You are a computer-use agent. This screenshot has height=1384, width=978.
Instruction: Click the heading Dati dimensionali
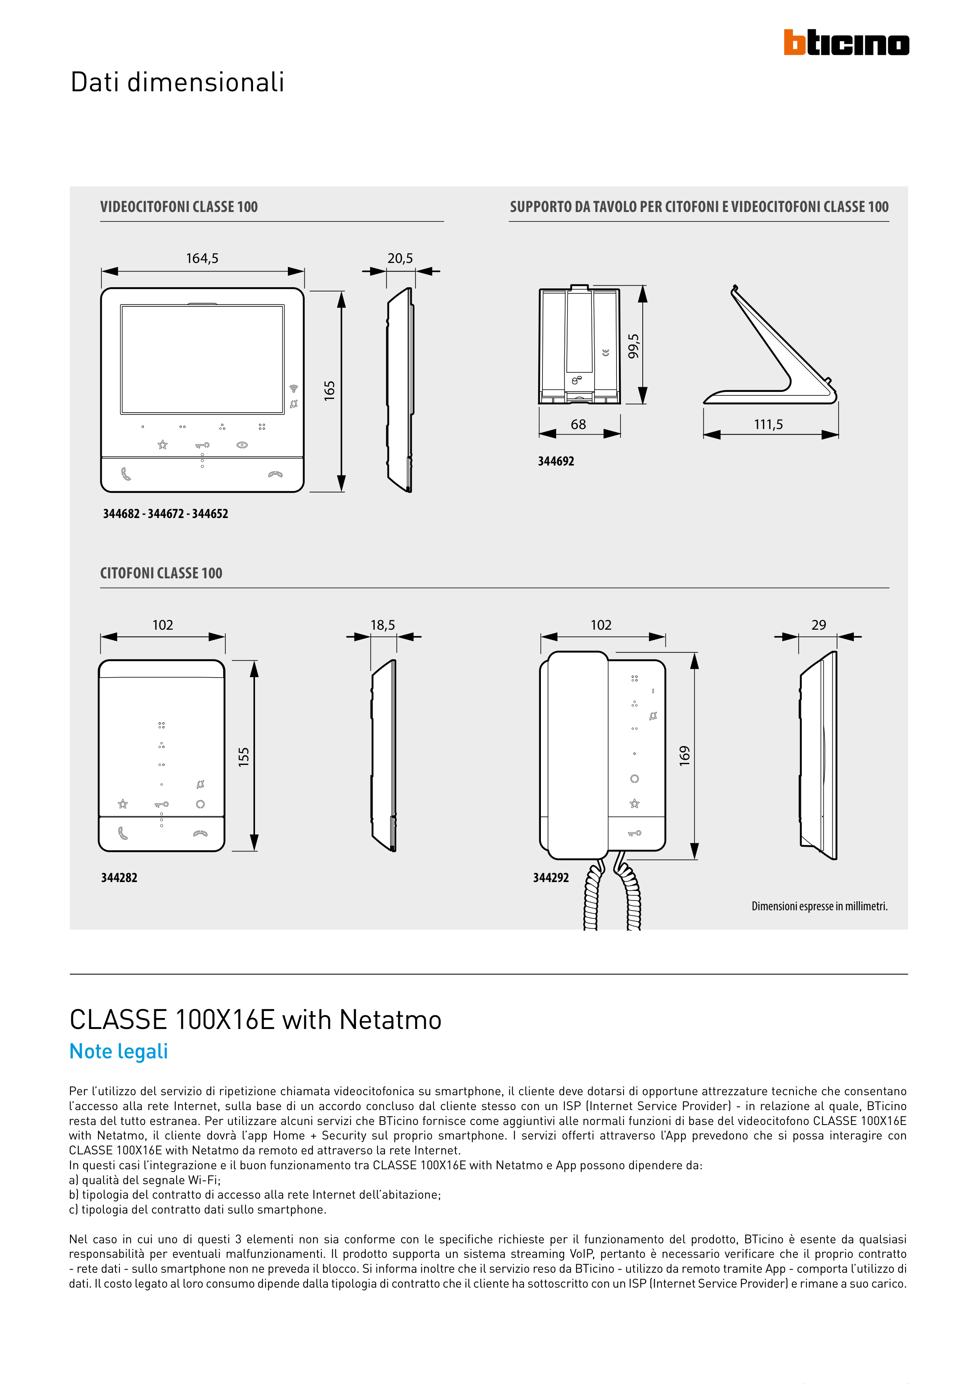[x=177, y=82]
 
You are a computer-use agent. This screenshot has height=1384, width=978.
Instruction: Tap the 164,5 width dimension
[x=202, y=259]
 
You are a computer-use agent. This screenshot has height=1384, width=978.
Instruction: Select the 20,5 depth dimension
[x=400, y=259]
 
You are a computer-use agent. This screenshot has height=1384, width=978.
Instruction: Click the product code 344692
[x=556, y=461]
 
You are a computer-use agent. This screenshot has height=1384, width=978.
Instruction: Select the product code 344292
[x=551, y=878]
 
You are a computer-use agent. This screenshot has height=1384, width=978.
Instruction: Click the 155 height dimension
[x=244, y=757]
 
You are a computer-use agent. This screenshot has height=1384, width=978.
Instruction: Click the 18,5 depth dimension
[x=383, y=625]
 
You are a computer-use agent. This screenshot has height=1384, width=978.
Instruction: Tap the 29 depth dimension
[x=818, y=625]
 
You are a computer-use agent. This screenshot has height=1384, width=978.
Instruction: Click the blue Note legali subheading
[x=119, y=1051]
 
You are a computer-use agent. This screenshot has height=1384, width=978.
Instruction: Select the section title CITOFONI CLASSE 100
[x=161, y=573]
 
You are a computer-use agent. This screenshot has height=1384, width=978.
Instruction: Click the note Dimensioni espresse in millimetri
[x=819, y=906]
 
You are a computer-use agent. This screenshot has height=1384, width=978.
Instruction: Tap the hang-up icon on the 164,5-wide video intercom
[x=275, y=475]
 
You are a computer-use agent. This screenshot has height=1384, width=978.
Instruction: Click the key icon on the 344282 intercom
[x=161, y=804]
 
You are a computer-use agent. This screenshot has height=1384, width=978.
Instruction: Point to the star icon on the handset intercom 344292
[x=635, y=804]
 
